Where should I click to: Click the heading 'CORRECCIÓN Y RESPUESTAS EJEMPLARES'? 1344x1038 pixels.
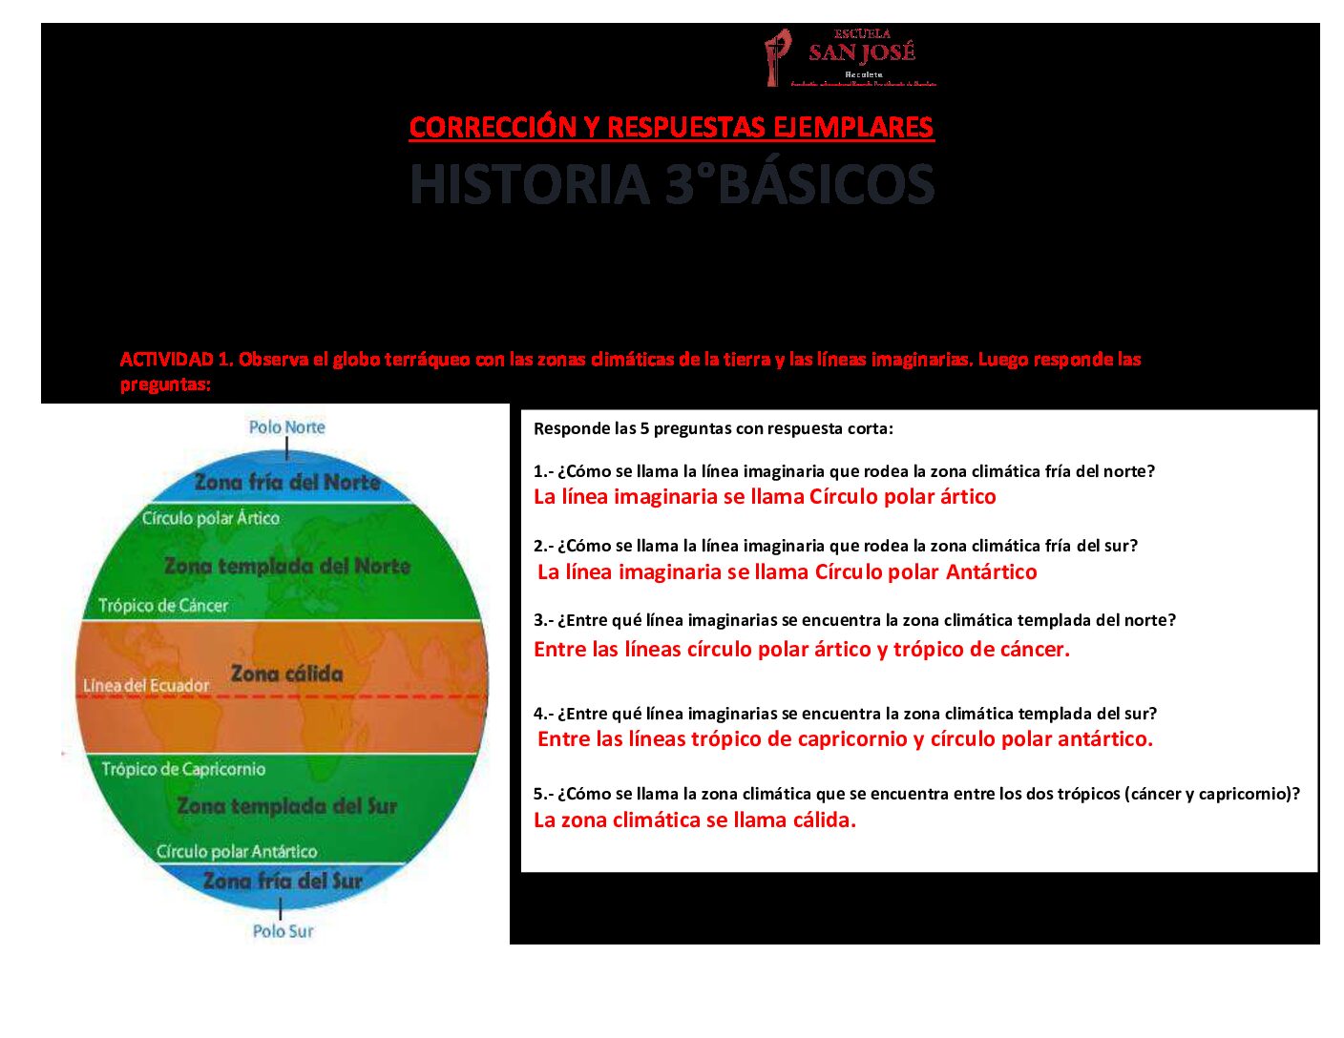point(671,127)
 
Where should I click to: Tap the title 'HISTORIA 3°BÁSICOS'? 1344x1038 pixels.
point(671,184)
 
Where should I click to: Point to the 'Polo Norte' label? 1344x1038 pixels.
point(286,427)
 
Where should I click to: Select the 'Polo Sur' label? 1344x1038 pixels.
point(283,930)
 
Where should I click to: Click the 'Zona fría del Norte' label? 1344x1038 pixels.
point(287,482)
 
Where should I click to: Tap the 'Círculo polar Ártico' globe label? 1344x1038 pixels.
point(211,518)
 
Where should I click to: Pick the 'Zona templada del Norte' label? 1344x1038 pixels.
point(287,566)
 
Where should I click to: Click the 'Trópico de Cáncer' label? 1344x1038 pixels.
point(163,605)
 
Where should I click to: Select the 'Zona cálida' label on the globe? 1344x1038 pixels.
point(286,674)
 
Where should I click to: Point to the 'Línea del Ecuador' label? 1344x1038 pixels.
point(146,685)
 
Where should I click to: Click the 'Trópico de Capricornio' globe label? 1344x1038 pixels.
point(183,769)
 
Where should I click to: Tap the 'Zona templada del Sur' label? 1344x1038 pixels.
point(286,806)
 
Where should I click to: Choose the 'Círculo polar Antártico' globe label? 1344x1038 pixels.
point(237,851)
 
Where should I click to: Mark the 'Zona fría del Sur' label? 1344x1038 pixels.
point(283,881)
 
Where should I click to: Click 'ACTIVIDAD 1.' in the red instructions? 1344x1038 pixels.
point(177,360)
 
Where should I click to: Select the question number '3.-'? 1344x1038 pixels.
point(543,620)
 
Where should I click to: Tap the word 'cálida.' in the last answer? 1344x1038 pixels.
point(824,820)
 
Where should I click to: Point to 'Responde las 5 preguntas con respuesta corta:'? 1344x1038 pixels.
point(713,428)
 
